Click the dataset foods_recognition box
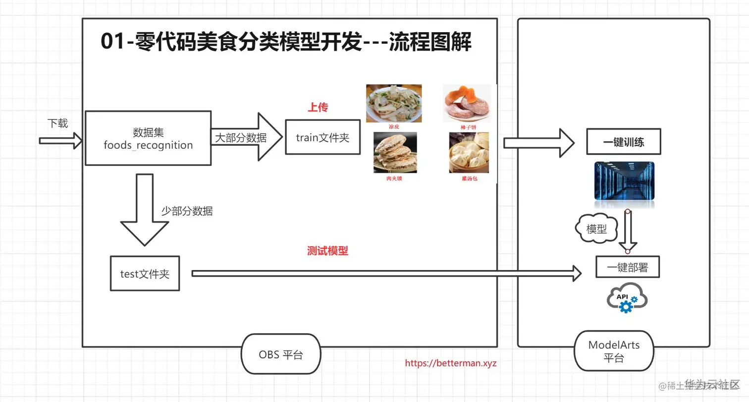click(x=148, y=138)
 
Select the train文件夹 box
click(x=322, y=137)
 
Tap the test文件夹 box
click(x=145, y=273)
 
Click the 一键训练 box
click(x=624, y=142)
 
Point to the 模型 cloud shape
click(x=597, y=229)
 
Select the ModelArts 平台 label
click(x=614, y=351)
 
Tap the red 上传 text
click(x=318, y=108)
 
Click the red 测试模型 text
click(x=327, y=251)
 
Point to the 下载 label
click(x=57, y=123)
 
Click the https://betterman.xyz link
click(x=451, y=363)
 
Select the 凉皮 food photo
click(x=394, y=103)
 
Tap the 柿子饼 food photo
click(x=466, y=103)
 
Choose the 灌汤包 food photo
click(x=468, y=152)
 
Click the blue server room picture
click(x=624, y=181)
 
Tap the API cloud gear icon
click(x=627, y=297)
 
